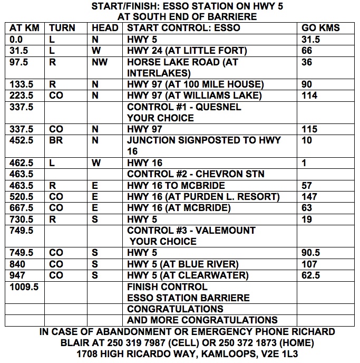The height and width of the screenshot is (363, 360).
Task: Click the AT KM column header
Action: pos(25,28)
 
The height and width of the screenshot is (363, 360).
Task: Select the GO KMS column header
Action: pos(320,28)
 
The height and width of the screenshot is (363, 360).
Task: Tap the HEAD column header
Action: pos(105,28)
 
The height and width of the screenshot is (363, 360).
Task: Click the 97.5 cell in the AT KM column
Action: pos(19,62)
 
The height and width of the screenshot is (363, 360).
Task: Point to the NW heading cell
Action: pos(99,62)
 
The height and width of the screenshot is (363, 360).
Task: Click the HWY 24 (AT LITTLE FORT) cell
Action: pos(187,51)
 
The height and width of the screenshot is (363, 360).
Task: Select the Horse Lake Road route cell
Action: pos(182,68)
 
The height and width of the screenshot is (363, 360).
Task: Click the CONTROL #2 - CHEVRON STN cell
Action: pos(196,174)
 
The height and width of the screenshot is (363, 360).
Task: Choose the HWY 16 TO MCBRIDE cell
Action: pos(176,186)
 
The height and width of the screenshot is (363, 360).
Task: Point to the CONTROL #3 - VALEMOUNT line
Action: pos(191,231)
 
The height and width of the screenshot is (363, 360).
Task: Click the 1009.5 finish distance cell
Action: pos(24,286)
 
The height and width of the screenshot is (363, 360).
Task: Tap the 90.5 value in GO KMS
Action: pos(311,253)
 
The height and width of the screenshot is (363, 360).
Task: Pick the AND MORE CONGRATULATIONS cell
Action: pos(202,320)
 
